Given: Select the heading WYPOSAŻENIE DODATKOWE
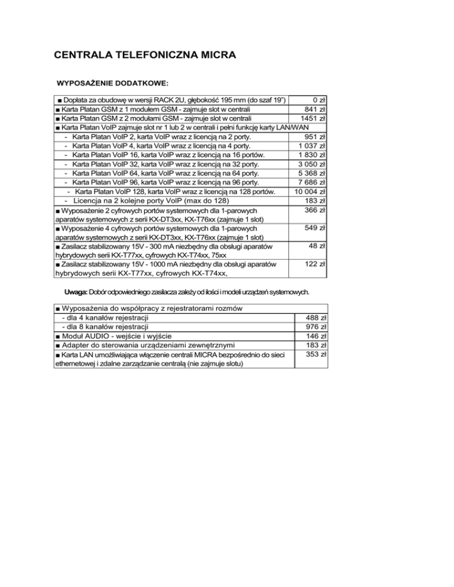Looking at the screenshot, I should click(x=112, y=82).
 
